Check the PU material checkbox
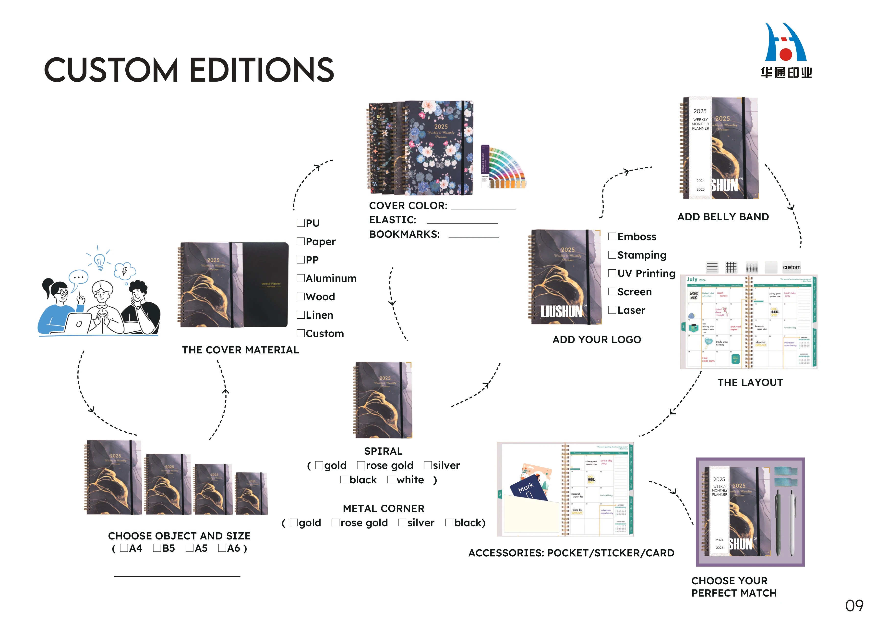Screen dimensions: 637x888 (x=301, y=223)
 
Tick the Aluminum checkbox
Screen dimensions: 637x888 (x=301, y=278)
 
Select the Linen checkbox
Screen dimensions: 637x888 (x=301, y=315)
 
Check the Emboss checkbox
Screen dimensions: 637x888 (x=612, y=236)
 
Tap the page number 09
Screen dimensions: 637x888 (x=854, y=606)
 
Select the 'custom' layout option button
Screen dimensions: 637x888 (x=791, y=267)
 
